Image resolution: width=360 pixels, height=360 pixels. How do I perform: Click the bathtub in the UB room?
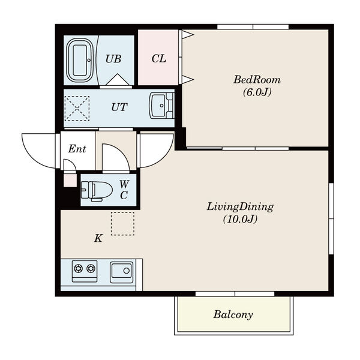coord(80,61)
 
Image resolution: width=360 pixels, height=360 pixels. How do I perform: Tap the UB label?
coord(113,59)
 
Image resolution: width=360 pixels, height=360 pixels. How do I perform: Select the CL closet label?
coord(158,59)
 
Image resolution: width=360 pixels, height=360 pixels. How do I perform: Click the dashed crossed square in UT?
coord(77,108)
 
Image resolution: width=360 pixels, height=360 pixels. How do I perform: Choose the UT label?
coord(119,107)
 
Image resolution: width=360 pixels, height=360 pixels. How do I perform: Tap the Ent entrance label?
coord(77,149)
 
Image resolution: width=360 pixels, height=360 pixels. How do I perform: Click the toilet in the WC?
coord(97,190)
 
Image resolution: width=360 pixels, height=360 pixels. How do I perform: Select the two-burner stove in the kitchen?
coord(85,271)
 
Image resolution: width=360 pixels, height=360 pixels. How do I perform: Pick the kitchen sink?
coord(121,272)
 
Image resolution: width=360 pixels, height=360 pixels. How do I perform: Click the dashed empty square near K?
coord(122,224)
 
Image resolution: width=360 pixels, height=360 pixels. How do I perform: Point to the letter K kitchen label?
coord(98,238)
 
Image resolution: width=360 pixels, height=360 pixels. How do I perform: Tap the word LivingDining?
coord(240,207)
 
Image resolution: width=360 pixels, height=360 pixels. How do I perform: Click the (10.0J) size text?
coord(240,219)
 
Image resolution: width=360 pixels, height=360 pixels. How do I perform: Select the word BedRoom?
coord(257,80)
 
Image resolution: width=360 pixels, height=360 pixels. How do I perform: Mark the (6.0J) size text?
coord(257,92)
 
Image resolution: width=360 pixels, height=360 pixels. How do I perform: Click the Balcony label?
coord(233,314)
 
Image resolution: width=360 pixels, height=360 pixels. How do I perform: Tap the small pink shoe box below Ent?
coord(70,181)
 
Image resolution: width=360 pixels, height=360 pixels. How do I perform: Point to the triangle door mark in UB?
coord(118,79)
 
